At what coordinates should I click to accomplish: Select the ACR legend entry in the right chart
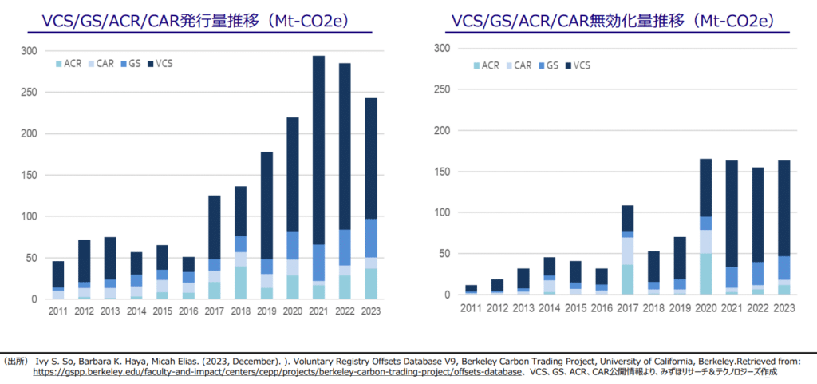click(489, 65)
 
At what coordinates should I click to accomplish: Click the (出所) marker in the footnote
click(18, 361)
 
